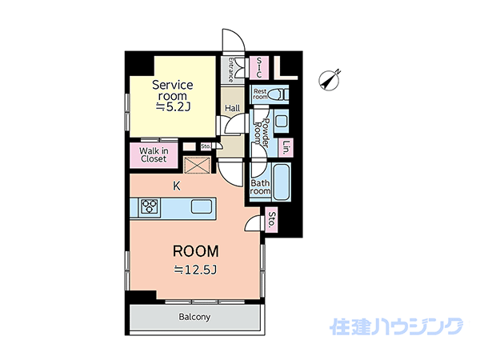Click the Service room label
point(173,90)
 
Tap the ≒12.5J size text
point(196,270)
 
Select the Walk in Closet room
point(154,155)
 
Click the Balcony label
point(194,317)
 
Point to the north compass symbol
point(330,80)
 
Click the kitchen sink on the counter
point(201,206)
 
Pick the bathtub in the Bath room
point(281,182)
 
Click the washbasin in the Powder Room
point(282,122)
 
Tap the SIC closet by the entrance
point(259,67)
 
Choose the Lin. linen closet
point(286,148)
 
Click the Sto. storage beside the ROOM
point(271,220)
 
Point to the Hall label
point(233,108)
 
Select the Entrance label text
point(230,70)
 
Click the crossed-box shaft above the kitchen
point(197,165)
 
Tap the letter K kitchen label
point(177,186)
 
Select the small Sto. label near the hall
point(206,146)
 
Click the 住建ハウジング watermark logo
point(397,326)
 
